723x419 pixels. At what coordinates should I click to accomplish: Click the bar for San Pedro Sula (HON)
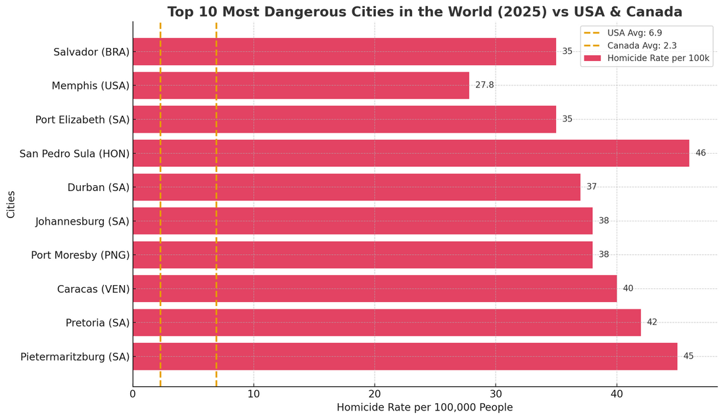coord(411,153)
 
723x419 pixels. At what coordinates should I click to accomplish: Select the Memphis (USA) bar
coord(301,85)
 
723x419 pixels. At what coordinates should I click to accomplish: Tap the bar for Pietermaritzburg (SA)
coord(405,356)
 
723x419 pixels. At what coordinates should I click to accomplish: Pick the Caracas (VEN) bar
coord(375,288)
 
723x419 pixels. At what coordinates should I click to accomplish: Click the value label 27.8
coord(484,85)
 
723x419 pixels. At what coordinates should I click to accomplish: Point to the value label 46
coord(701,153)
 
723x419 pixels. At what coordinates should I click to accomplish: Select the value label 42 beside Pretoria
coord(651,322)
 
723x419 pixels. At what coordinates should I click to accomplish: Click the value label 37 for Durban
coord(592,187)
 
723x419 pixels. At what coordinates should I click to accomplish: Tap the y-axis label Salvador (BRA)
coord(91,51)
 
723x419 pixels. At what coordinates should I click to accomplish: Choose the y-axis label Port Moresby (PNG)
coord(80,255)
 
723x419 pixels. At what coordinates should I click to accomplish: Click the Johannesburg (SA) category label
coord(82,221)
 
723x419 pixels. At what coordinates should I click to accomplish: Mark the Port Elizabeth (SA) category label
coord(82,120)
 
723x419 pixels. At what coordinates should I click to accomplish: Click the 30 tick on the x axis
coord(496,394)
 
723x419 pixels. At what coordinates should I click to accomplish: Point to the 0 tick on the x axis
coord(133,394)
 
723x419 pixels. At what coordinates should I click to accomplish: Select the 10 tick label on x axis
coord(254,394)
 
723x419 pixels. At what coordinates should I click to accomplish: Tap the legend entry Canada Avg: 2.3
coord(641,45)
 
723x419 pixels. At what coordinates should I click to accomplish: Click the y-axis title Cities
coord(11,204)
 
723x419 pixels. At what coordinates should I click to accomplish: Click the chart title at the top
coord(425,12)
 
